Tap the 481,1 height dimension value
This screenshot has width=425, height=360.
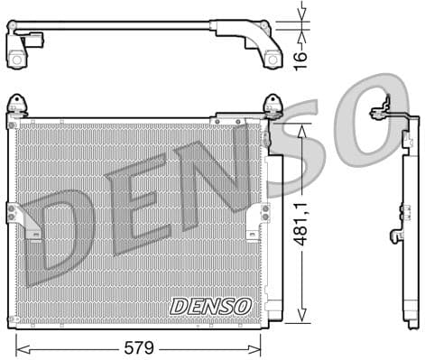coord(310,224)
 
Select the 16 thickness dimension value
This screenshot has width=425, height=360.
coord(300,57)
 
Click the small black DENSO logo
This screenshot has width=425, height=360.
coord(210,307)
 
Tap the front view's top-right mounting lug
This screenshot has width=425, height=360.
coord(271,105)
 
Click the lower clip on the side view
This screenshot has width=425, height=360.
coord(396,236)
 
